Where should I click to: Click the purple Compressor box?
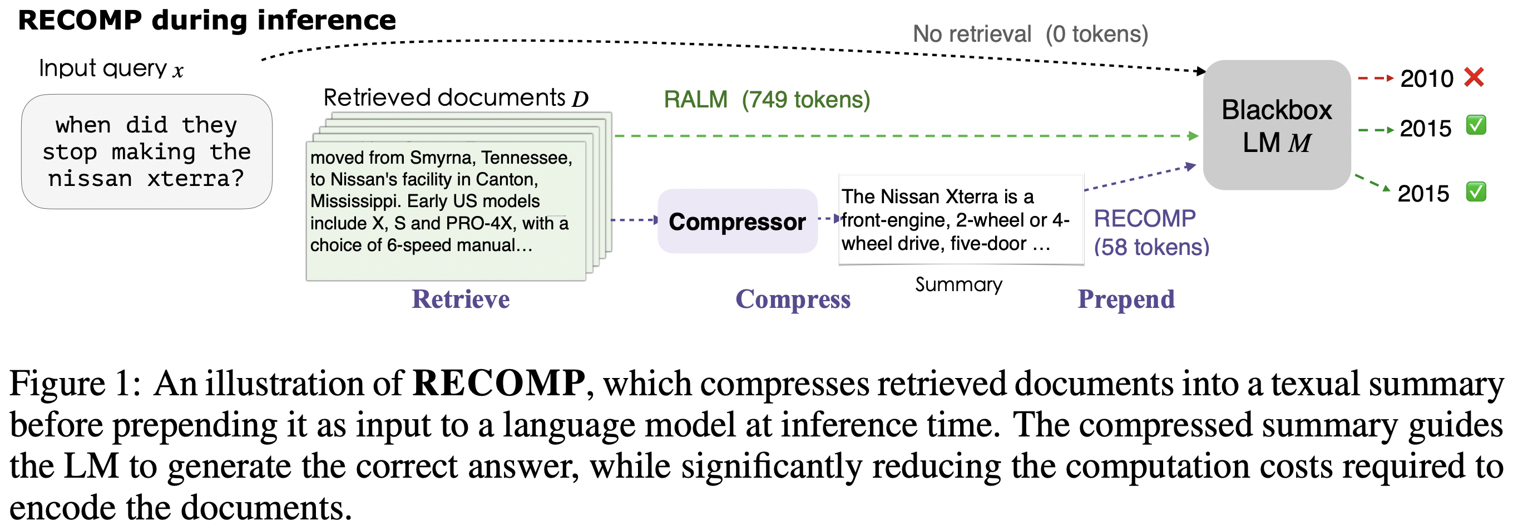[x=736, y=222]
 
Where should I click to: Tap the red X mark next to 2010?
[x=1474, y=77]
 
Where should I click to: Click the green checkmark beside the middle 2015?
[x=1476, y=125]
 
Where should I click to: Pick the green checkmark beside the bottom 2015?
[x=1476, y=192]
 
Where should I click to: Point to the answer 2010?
[x=1426, y=78]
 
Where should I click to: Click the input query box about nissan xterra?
[x=147, y=151]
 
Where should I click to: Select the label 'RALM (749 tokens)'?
[x=767, y=100]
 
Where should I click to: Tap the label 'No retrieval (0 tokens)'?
[x=1030, y=34]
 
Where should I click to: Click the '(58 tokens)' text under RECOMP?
[x=1151, y=247]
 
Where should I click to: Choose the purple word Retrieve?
[x=461, y=299]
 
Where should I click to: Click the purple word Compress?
[x=793, y=299]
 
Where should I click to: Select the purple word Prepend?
[x=1126, y=299]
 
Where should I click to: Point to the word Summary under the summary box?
[x=958, y=284]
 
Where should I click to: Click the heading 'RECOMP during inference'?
[x=207, y=20]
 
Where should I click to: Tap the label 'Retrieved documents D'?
[x=456, y=97]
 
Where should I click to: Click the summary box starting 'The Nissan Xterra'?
[x=960, y=220]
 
